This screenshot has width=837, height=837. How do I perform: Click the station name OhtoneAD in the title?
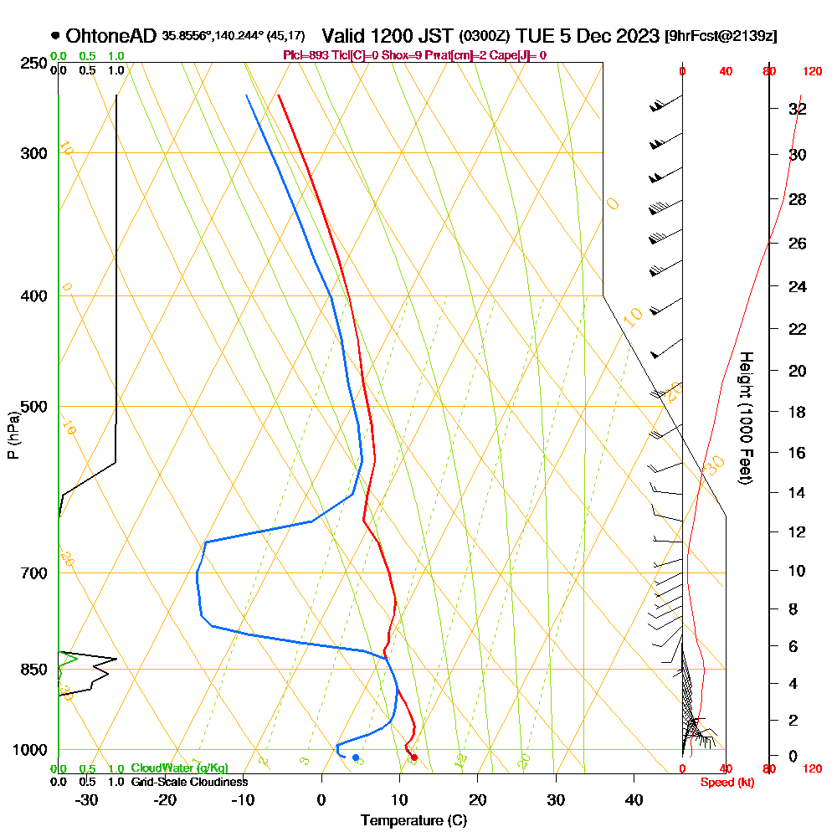[110, 36]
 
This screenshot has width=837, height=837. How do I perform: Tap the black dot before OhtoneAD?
[55, 36]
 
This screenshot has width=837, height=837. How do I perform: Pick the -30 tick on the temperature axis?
[86, 800]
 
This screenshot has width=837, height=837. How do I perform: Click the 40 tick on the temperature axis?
[634, 800]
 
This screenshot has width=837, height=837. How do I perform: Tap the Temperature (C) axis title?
[413, 820]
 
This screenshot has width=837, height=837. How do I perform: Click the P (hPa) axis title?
[13, 435]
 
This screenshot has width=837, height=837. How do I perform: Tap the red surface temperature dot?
[413, 757]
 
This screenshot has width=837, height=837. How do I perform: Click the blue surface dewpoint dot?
[356, 757]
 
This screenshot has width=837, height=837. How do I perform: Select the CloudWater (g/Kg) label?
[179, 768]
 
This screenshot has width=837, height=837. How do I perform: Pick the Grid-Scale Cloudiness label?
[189, 782]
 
